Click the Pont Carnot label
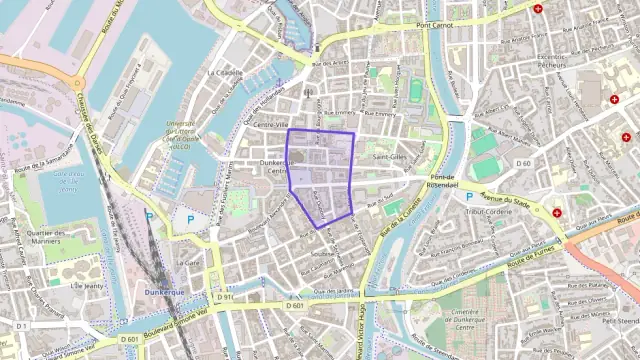click(435, 24)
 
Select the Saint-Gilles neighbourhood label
click(390, 157)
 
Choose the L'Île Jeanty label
click(87, 285)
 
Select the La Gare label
click(188, 263)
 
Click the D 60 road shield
click(522, 163)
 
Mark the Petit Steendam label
click(620, 322)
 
